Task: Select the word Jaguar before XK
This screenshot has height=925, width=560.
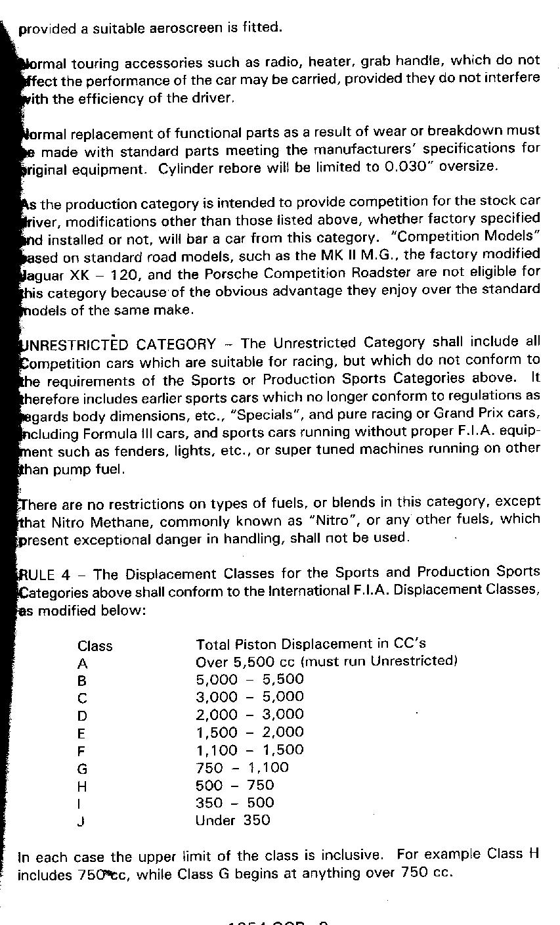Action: tap(39, 272)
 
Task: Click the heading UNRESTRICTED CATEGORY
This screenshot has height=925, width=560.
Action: tap(118, 344)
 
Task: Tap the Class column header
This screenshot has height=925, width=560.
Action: tap(95, 646)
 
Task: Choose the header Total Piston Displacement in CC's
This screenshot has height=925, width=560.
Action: tap(311, 644)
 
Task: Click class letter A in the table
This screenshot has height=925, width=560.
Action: tap(82, 664)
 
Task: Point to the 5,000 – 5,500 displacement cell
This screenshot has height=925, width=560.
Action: tap(249, 679)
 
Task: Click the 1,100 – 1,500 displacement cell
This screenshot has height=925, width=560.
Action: tap(249, 750)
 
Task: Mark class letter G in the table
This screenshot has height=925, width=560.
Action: tap(82, 769)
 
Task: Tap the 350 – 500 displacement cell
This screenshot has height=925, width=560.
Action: tap(234, 803)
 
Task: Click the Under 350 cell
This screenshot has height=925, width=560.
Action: tap(232, 821)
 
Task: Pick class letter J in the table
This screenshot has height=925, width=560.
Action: tap(81, 821)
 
